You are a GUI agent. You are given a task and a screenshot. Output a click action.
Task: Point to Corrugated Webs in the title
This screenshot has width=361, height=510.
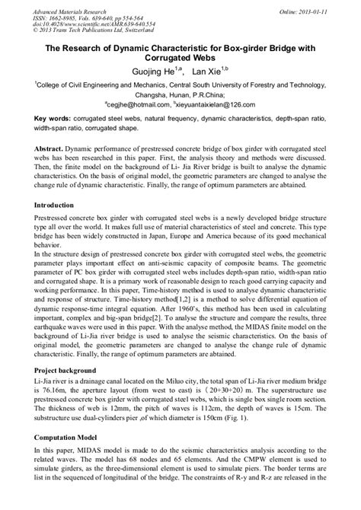coord(180,57)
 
